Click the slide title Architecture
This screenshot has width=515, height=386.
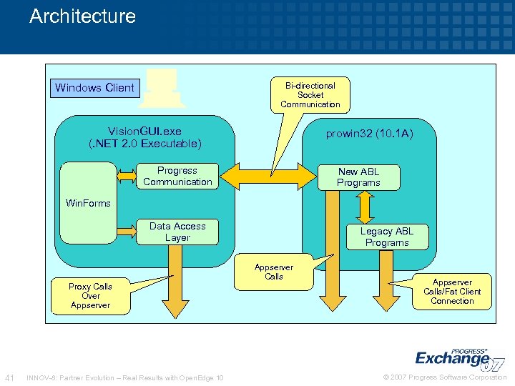(82, 16)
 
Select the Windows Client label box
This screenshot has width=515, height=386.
(94, 88)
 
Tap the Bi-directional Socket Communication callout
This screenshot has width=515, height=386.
(310, 94)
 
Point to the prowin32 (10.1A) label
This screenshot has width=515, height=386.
(370, 134)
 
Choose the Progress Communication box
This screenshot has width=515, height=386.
(177, 177)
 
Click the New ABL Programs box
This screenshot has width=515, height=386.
(358, 177)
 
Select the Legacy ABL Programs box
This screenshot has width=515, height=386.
(386, 237)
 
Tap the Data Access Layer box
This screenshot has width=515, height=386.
(177, 232)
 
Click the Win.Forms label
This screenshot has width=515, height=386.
(88, 203)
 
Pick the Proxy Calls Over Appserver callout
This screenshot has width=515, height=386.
(90, 296)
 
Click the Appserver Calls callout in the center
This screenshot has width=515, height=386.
(274, 272)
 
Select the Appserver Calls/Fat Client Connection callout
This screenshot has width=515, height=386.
(452, 292)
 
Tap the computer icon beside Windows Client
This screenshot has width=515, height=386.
(162, 89)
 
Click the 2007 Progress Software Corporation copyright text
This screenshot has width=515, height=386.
(444, 377)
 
